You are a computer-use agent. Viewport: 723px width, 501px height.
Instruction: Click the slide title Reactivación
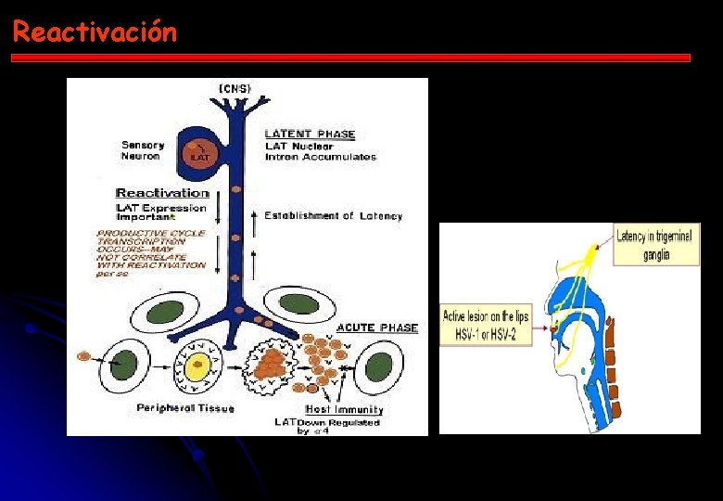tap(94, 32)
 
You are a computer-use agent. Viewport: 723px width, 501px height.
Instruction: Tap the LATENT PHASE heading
tap(310, 135)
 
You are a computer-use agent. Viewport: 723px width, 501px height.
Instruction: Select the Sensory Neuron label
tap(143, 150)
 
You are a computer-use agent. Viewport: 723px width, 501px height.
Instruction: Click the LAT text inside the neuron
tap(199, 156)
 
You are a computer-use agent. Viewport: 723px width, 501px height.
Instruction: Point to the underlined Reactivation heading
tap(162, 193)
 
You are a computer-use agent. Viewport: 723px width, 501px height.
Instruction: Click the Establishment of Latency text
tap(333, 215)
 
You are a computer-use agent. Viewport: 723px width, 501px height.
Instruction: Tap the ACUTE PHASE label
tap(376, 328)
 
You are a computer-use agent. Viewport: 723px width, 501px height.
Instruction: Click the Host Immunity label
tap(344, 409)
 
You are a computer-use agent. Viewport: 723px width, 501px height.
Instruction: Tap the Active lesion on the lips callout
tap(485, 324)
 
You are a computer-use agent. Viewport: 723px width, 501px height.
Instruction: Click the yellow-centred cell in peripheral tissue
tap(197, 368)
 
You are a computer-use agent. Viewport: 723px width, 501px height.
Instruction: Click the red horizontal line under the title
tap(350, 58)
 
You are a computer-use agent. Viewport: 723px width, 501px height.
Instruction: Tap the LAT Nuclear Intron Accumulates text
tap(320, 151)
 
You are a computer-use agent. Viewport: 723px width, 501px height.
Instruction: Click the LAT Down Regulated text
tap(326, 426)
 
